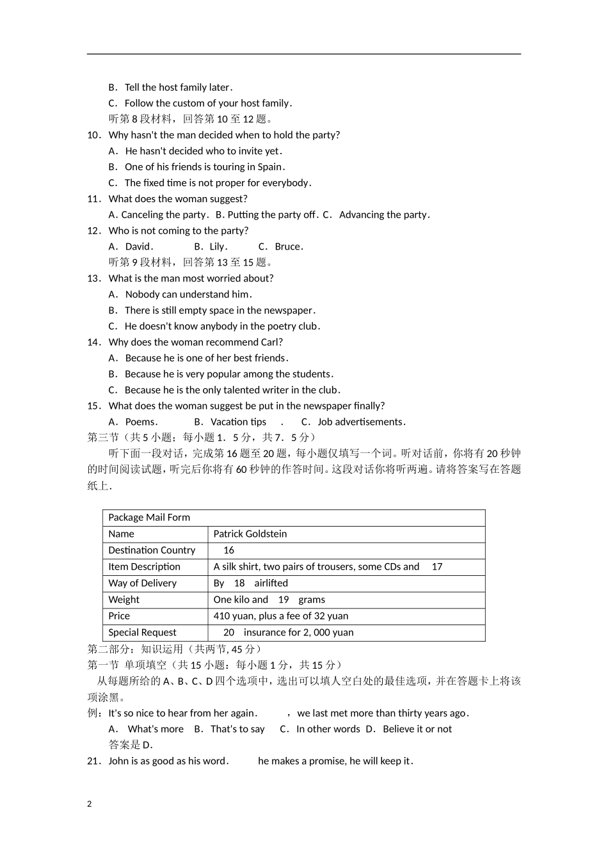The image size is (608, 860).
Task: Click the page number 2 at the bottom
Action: point(90,804)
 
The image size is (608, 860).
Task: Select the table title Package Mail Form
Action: point(149,518)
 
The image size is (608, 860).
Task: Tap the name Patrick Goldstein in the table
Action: point(250,534)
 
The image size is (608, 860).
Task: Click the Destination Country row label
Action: point(152,550)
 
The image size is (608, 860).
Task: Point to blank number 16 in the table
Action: point(228,550)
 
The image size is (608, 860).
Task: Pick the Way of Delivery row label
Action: point(142,583)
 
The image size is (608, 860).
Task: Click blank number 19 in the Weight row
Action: point(284,600)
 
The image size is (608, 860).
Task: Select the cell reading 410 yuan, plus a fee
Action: point(281,616)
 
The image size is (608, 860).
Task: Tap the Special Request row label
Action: point(142,632)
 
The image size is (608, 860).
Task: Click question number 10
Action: point(94,135)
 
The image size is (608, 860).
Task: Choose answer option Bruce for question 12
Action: point(288,246)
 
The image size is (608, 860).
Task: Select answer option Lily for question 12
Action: point(218,246)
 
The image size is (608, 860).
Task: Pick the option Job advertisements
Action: point(361,422)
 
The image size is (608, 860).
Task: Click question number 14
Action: point(94,342)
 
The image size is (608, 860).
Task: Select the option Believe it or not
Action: point(417,729)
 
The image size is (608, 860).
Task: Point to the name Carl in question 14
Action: point(269,342)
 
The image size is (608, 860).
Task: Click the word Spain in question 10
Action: point(269,167)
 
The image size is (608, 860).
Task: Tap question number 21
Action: point(94,761)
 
